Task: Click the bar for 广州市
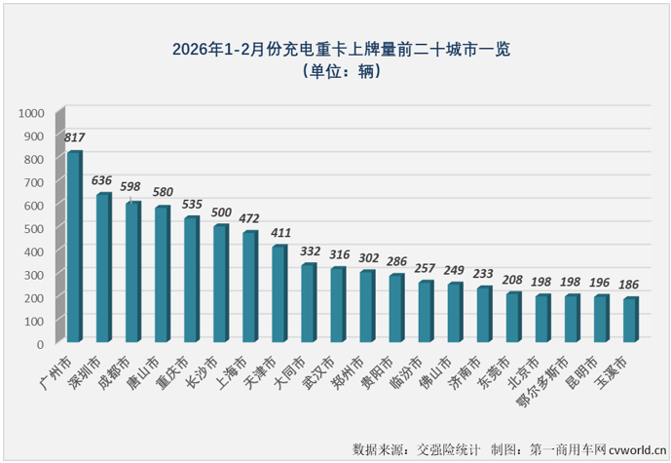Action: (74, 248)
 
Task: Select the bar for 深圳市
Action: (103, 268)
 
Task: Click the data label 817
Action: (74, 138)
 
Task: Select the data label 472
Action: (249, 219)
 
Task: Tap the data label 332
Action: (309, 251)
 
